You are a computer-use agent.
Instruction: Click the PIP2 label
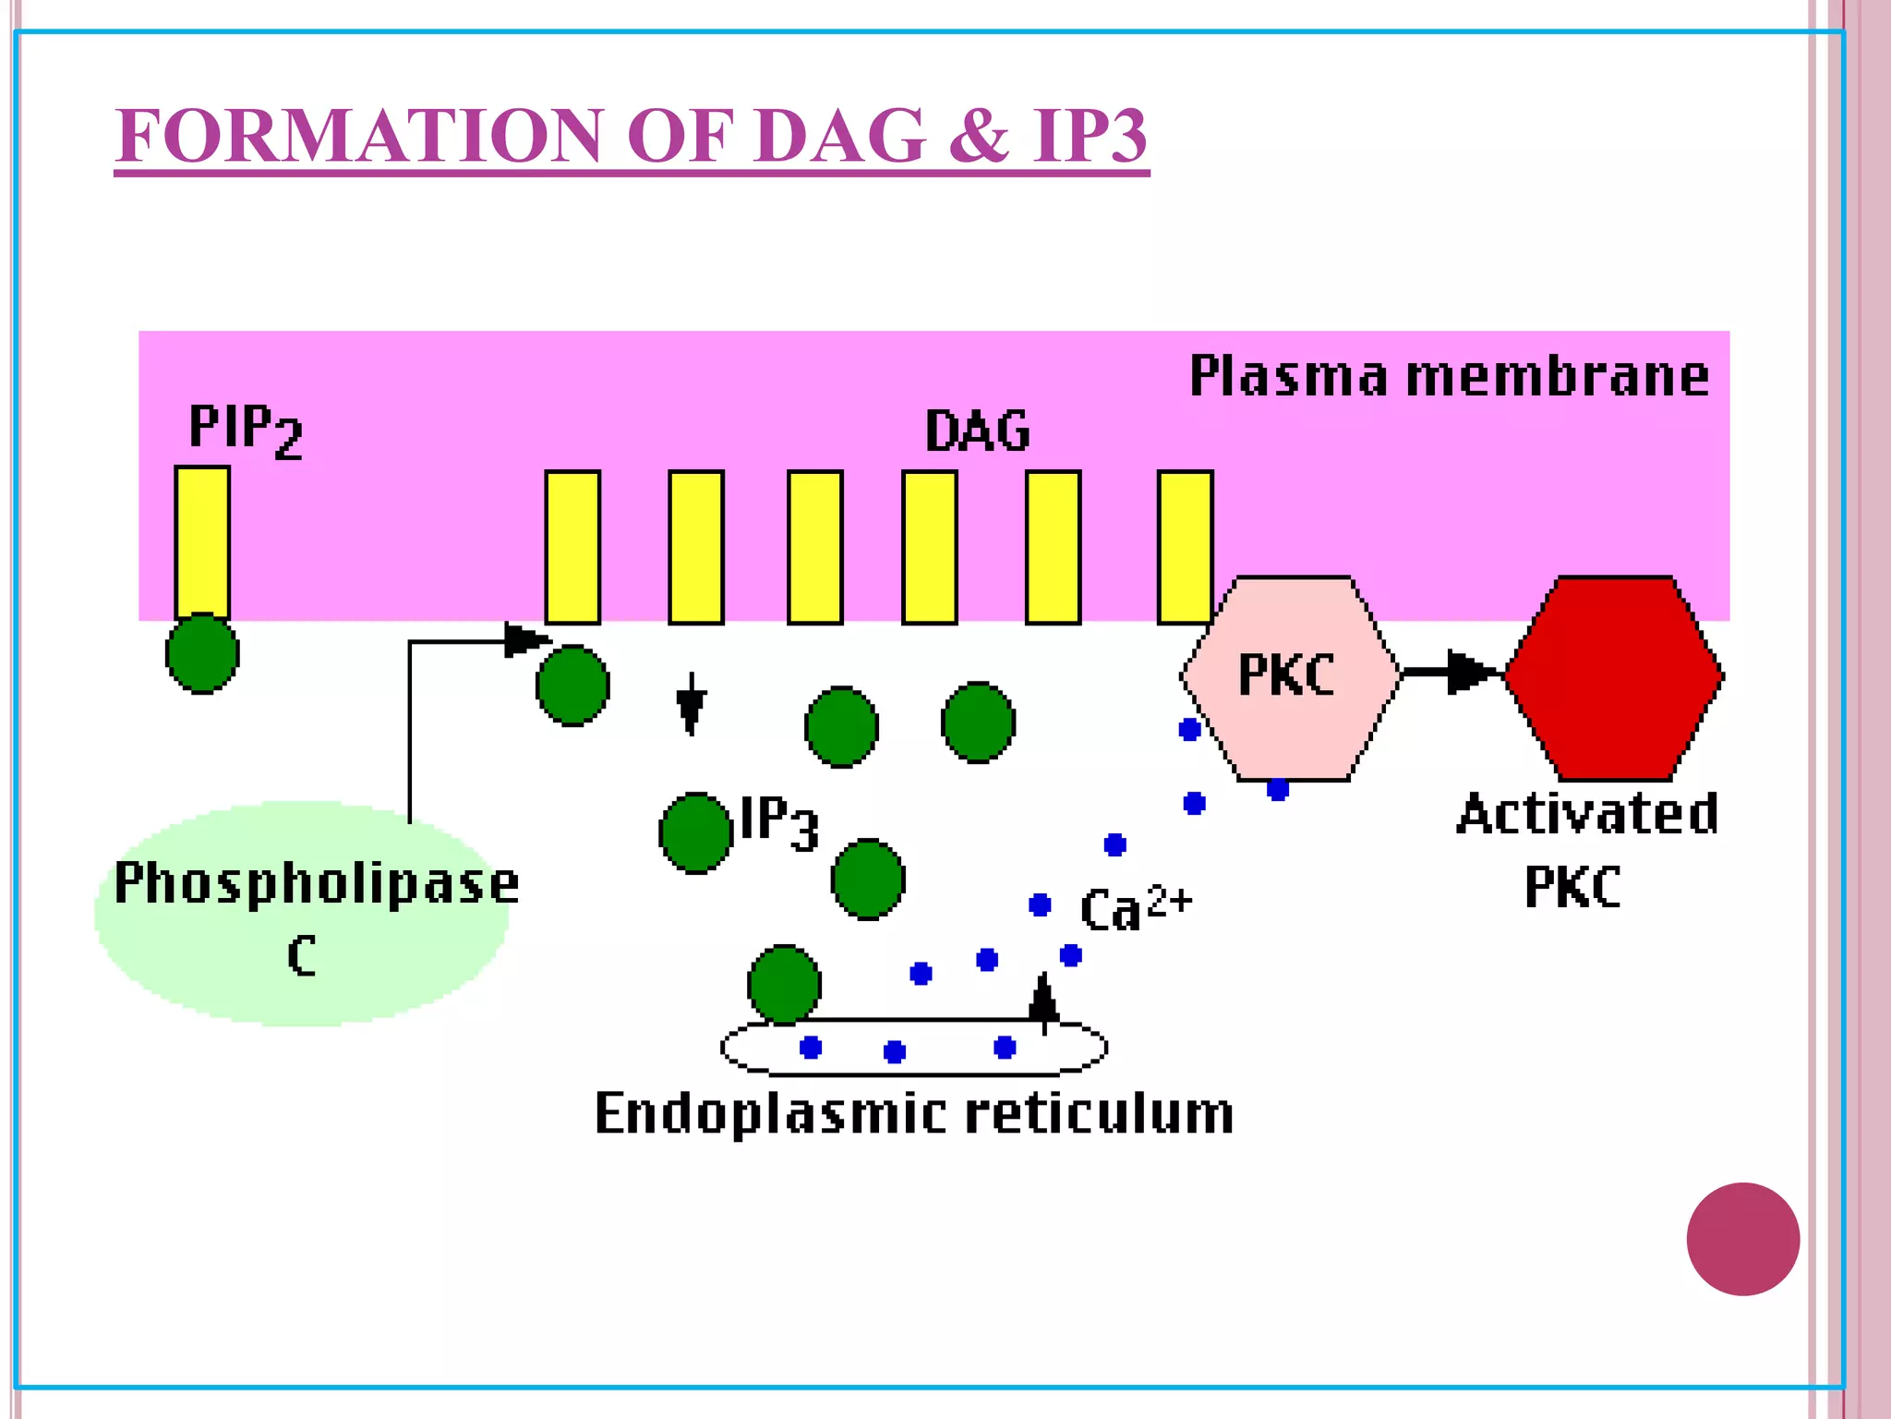click(244, 430)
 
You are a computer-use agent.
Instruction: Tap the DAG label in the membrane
click(977, 431)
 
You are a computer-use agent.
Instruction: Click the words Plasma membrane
click(1449, 376)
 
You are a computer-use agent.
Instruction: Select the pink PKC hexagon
click(1289, 679)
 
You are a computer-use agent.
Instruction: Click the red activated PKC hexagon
click(1614, 678)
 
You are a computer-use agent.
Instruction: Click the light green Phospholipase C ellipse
click(300, 915)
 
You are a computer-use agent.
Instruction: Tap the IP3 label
click(779, 821)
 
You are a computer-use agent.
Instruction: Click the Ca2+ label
click(1135, 907)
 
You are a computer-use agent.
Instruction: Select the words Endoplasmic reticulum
click(913, 1113)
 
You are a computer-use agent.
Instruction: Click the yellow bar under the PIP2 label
click(202, 541)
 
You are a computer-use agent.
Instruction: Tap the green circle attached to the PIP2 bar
click(202, 653)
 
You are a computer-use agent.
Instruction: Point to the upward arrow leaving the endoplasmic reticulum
click(1043, 1002)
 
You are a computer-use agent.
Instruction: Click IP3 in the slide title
click(1090, 136)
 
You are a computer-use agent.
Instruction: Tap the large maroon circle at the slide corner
click(1742, 1239)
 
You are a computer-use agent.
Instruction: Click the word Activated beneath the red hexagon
click(1587, 814)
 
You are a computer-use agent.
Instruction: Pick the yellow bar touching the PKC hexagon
click(1185, 547)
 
